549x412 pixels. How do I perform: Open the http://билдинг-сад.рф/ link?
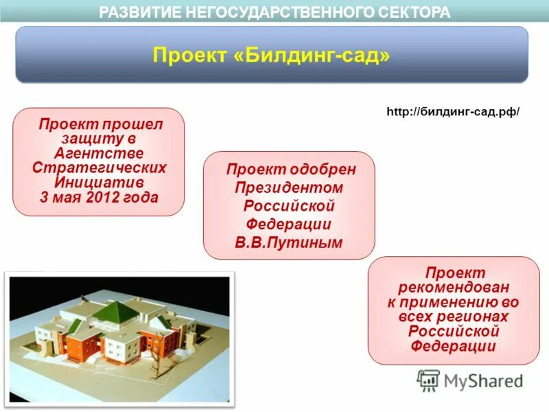coord(454,111)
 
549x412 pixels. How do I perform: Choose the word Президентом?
coord(289,187)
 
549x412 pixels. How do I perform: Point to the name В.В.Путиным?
coord(289,242)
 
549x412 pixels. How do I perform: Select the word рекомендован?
coord(454,288)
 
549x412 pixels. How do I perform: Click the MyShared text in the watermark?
coord(483,380)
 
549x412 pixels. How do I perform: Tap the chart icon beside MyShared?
coord(428,380)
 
